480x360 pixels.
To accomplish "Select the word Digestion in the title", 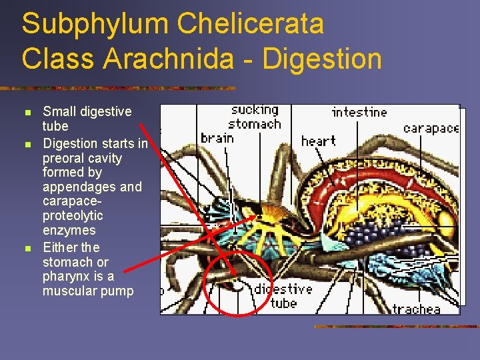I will click(323, 59).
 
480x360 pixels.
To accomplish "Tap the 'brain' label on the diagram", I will click(217, 138).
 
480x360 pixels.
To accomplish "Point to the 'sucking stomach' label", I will click(255, 117).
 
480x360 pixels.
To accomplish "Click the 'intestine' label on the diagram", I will click(359, 112).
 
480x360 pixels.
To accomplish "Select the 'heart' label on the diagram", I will click(318, 141).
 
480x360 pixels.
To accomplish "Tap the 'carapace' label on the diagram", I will click(431, 128).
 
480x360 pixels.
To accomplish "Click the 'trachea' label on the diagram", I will click(416, 309).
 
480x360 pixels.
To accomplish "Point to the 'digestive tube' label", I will click(283, 297).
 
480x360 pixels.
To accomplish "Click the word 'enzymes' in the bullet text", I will click(69, 230).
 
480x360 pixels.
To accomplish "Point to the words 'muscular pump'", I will click(88, 291).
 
